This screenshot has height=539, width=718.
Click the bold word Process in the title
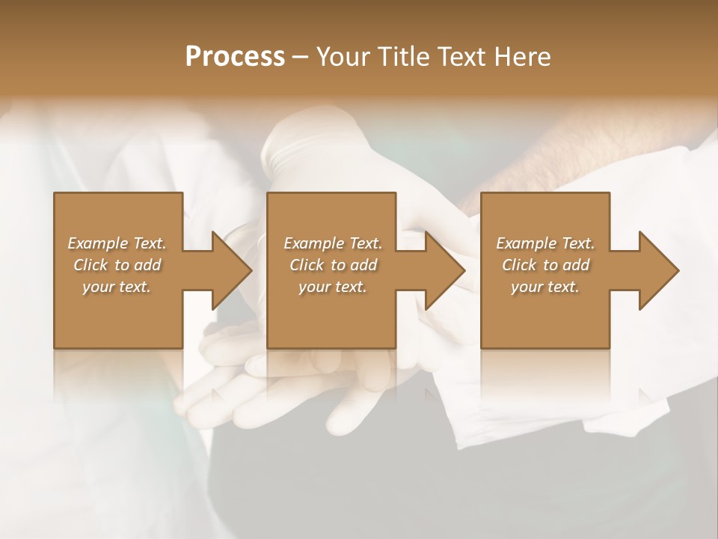point(235,57)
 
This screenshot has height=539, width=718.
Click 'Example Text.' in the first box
point(117,243)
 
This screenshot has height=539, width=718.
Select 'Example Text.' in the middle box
point(333,243)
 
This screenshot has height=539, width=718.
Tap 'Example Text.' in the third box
point(545,243)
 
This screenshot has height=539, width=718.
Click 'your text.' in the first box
point(117,287)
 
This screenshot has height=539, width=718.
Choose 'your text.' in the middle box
point(333,287)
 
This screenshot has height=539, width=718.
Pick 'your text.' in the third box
point(545,287)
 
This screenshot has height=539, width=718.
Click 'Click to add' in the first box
point(117,265)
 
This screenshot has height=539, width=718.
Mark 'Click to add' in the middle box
point(333,265)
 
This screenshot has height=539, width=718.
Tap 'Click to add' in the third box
point(545,265)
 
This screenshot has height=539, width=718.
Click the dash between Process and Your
point(300,58)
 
